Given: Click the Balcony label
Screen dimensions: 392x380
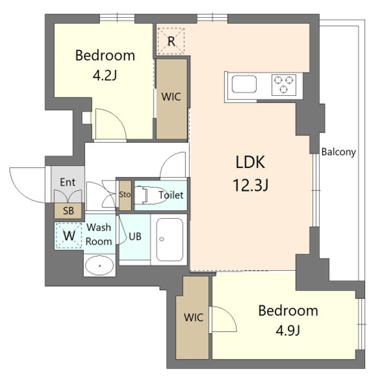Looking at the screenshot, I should coord(339,152).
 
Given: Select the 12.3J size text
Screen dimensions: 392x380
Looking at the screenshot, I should coord(251,186).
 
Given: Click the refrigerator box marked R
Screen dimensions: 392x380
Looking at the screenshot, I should coord(171,41).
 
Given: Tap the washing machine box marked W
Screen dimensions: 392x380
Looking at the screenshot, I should coord(69,235).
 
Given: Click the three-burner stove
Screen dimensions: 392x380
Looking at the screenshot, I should coord(284,85).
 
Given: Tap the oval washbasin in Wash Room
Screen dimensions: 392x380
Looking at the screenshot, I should coord(99,266).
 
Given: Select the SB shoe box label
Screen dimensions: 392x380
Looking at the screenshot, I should coord(68,210).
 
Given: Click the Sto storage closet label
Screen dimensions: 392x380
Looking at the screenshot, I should coord(125,195).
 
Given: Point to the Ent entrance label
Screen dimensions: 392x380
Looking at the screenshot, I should coord(68,182).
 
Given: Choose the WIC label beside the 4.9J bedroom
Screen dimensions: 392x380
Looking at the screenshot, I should coord(193,318).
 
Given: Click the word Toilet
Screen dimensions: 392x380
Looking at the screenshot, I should coord(170,195).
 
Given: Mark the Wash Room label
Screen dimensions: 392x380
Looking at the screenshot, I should coord(99,234).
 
